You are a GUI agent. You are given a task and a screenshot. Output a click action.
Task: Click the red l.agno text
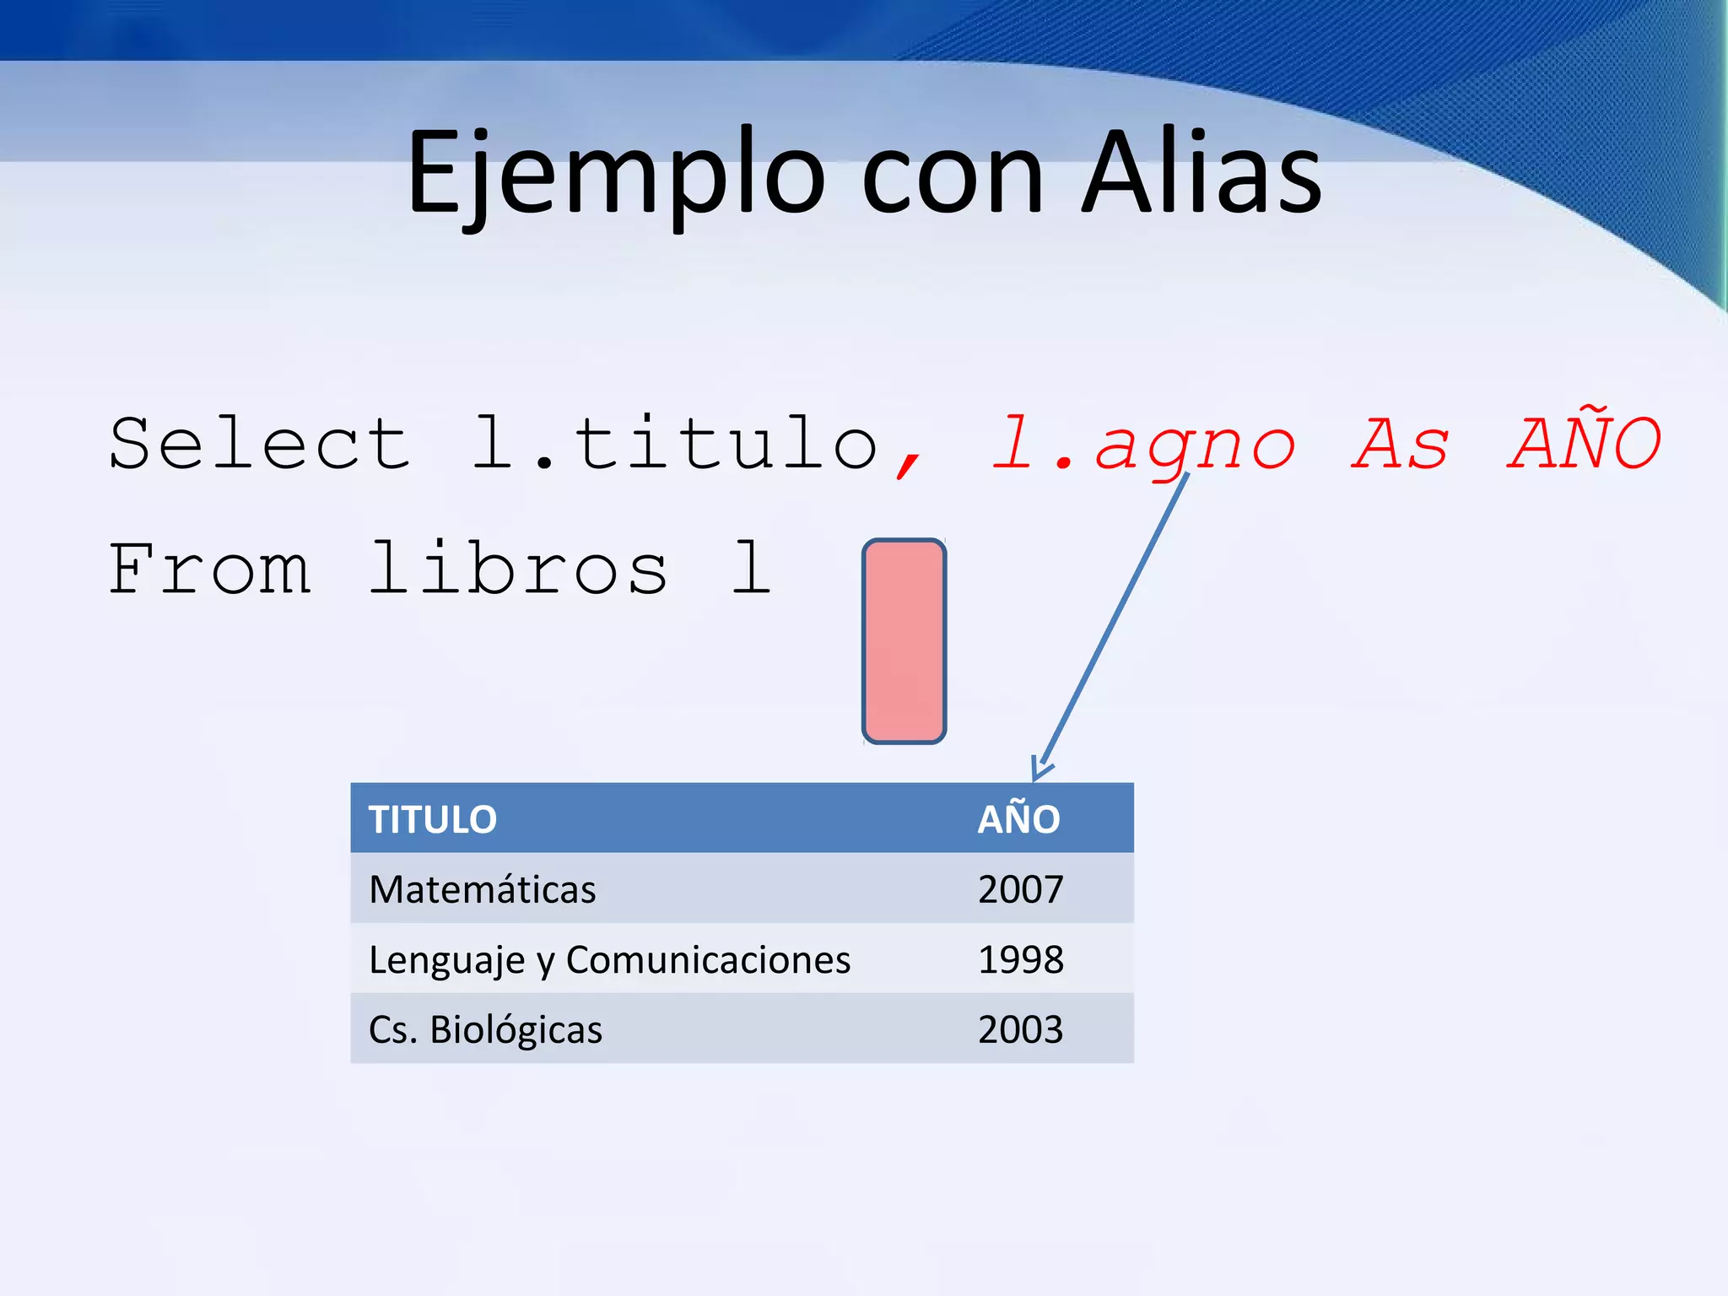(1143, 445)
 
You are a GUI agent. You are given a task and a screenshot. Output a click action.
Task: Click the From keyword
(209, 570)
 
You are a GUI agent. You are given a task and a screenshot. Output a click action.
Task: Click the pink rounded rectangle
(904, 641)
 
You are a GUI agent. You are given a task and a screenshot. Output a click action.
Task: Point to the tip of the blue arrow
(1036, 777)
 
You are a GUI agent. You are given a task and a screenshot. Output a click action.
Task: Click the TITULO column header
(433, 819)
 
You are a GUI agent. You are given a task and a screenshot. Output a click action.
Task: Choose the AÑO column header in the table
(1018, 819)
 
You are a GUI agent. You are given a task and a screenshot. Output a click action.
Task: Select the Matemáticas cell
(483, 889)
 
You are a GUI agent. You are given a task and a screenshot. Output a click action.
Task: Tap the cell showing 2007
(1020, 889)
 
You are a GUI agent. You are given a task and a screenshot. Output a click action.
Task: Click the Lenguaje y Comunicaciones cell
(609, 960)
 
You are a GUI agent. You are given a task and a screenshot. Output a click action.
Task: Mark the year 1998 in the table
(1020, 960)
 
